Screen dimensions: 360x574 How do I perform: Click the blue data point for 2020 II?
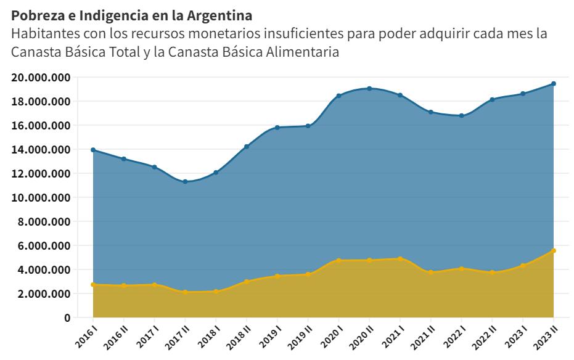pyautogui.click(x=369, y=89)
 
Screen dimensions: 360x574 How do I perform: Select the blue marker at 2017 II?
pyautogui.click(x=185, y=181)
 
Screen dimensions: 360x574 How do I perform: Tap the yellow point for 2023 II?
pyautogui.click(x=554, y=251)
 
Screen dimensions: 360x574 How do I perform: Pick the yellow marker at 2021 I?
pyautogui.click(x=400, y=259)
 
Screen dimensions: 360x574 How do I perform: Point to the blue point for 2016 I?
pyautogui.click(x=93, y=150)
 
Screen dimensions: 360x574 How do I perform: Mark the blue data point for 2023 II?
pyautogui.click(x=554, y=84)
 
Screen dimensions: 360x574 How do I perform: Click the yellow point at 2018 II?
pyautogui.click(x=247, y=282)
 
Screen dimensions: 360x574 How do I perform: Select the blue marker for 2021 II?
pyautogui.click(x=431, y=112)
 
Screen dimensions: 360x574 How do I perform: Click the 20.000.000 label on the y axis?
pyautogui.click(x=40, y=78)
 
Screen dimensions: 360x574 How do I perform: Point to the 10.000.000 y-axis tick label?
pyautogui.click(x=40, y=198)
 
